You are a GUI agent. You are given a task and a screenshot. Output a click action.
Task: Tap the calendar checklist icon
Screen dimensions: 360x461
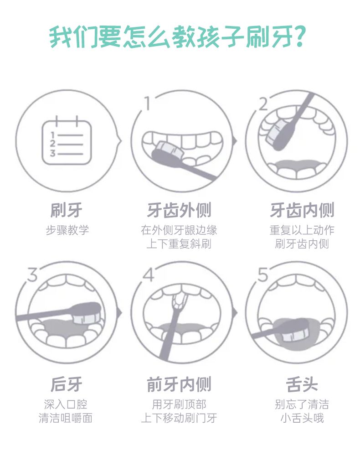click(67, 140)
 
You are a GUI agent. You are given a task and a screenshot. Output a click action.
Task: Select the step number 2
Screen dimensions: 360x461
click(263, 104)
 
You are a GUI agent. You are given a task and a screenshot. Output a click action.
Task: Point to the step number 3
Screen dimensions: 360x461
click(32, 275)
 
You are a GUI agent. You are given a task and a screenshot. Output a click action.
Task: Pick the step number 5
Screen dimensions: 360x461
click(263, 275)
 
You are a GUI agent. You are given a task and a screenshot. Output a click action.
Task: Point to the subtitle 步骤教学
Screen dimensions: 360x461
click(67, 230)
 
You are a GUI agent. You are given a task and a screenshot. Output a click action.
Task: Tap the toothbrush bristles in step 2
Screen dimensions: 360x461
click(274, 130)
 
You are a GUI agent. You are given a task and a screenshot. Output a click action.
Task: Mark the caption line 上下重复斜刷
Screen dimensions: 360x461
click(179, 244)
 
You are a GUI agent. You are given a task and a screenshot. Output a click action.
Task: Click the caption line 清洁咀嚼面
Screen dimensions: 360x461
click(66, 418)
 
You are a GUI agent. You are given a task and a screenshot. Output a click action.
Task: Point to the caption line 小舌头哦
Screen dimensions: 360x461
click(302, 418)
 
